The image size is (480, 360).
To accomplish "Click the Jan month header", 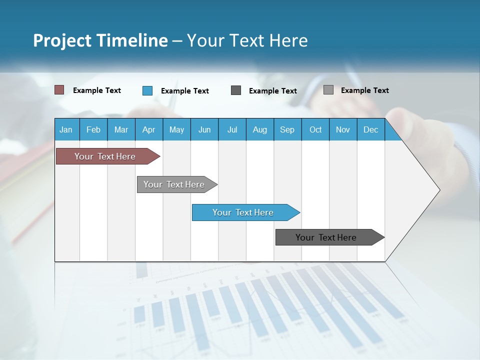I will pyautogui.click(x=66, y=129).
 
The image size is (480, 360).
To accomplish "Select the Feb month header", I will pyautogui.click(x=93, y=129).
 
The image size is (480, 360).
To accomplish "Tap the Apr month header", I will pyautogui.click(x=148, y=129).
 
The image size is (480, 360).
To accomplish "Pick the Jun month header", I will pyautogui.click(x=204, y=129).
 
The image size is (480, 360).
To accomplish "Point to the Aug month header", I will pyautogui.click(x=259, y=129).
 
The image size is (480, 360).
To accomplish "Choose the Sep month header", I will pyautogui.click(x=287, y=129).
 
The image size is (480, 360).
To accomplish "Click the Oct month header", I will pyautogui.click(x=315, y=129).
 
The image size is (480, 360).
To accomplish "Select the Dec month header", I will pyautogui.click(x=370, y=129).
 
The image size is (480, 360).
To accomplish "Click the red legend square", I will pyautogui.click(x=59, y=90).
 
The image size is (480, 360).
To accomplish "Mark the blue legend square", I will pyautogui.click(x=147, y=90).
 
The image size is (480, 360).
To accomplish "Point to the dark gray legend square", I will pyautogui.click(x=236, y=90).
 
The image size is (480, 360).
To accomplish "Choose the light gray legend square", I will pyautogui.click(x=328, y=90).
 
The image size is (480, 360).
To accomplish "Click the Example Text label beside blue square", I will pyautogui.click(x=185, y=91).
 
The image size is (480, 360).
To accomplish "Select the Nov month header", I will pyautogui.click(x=343, y=129).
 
